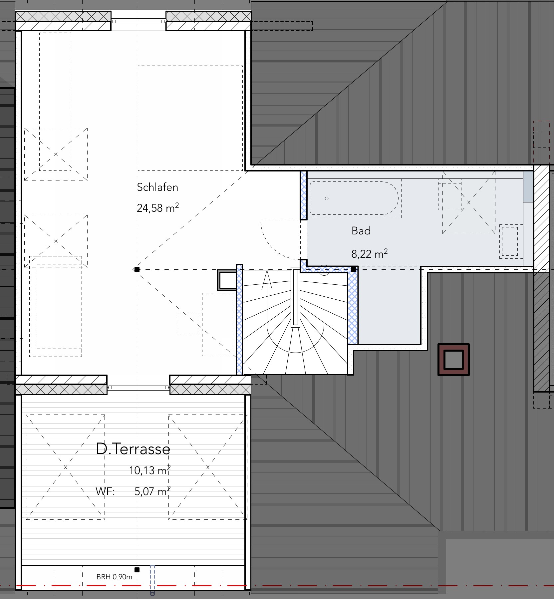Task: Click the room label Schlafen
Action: (157, 187)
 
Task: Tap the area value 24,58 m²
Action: (158, 208)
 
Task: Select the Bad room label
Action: (361, 231)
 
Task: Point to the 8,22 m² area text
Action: (370, 254)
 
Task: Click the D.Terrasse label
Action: (133, 449)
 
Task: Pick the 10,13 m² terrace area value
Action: (150, 470)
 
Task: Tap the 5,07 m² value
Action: (152, 491)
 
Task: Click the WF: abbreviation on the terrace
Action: (105, 492)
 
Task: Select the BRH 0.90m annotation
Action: (114, 577)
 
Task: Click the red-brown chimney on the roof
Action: (453, 360)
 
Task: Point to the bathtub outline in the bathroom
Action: (354, 198)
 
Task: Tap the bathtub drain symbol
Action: (327, 198)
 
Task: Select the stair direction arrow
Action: (267, 280)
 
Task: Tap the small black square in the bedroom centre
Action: (137, 269)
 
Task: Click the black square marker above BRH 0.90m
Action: (137, 570)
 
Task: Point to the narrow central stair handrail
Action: (295, 297)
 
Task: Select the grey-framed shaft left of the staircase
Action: (227, 280)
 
